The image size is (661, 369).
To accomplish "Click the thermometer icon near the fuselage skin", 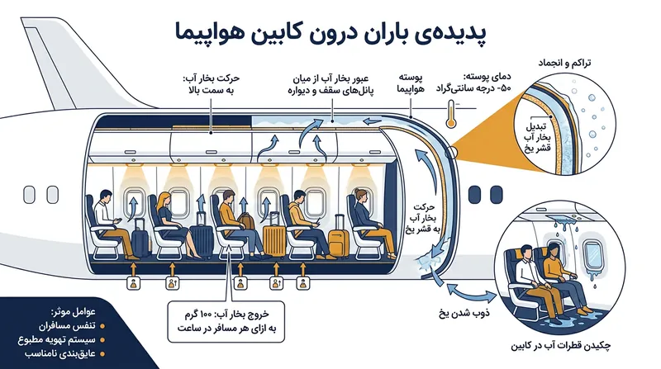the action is (x=451, y=114).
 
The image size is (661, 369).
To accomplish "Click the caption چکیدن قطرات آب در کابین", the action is (x=561, y=346).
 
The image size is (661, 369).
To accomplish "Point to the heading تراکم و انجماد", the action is (x=564, y=64).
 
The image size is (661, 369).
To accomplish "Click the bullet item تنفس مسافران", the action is (x=68, y=326).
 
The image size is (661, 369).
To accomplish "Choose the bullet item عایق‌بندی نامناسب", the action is (x=60, y=353).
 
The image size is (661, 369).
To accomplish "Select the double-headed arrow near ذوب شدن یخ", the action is (x=471, y=293).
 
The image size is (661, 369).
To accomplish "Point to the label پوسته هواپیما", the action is (x=411, y=83).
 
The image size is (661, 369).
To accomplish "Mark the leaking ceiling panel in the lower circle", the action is (x=561, y=219).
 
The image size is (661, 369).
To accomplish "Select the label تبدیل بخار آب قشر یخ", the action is (x=538, y=137).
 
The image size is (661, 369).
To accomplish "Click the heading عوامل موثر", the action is (x=74, y=312).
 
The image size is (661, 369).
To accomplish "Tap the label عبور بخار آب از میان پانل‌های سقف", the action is (x=331, y=84).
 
